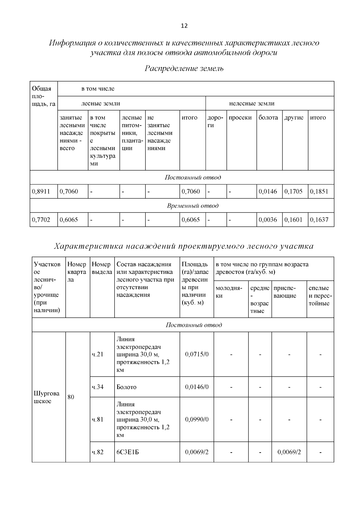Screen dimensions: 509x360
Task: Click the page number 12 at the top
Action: [184, 26]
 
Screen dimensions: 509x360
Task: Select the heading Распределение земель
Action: [184, 68]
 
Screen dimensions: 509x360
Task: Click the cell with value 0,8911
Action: [41, 191]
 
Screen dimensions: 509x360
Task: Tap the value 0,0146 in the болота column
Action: [268, 191]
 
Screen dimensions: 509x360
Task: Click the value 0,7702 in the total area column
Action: [41, 220]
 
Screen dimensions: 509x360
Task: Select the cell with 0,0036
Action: [268, 220]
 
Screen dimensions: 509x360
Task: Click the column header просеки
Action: [240, 118]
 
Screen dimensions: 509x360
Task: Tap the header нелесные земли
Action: [252, 103]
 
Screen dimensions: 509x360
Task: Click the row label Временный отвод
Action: [193, 206]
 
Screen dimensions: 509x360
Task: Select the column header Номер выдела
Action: [102, 268]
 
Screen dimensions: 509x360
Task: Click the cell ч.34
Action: [97, 387]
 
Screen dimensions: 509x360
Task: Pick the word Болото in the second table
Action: [126, 387]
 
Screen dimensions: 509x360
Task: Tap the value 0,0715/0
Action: [197, 354]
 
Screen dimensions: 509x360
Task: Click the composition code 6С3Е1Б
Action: [127, 452]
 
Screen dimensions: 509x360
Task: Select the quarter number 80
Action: [71, 397]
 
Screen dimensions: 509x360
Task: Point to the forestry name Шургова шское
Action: [46, 397]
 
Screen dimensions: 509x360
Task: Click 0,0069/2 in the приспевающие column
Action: [289, 452]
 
